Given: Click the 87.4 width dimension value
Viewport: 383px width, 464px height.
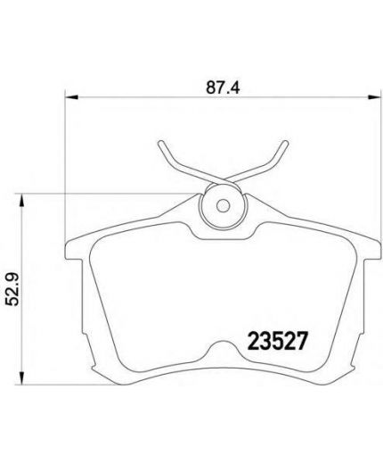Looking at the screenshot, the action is click(x=223, y=87).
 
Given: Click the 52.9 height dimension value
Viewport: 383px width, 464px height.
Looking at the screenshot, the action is click(x=13, y=289).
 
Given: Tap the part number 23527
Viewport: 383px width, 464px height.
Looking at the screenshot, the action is click(x=277, y=341).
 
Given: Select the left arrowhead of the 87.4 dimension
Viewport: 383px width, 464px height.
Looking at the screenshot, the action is click(x=71, y=97).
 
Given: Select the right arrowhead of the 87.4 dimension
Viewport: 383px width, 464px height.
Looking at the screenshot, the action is click(x=374, y=97).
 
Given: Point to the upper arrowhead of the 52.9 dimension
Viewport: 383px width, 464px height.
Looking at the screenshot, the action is click(x=21, y=201).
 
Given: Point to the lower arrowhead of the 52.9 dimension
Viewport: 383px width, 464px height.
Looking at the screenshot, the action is click(x=21, y=377).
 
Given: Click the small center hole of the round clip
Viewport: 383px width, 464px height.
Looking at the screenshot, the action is click(x=223, y=205).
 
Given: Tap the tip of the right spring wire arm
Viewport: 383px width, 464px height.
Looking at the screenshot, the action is click(x=285, y=143).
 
